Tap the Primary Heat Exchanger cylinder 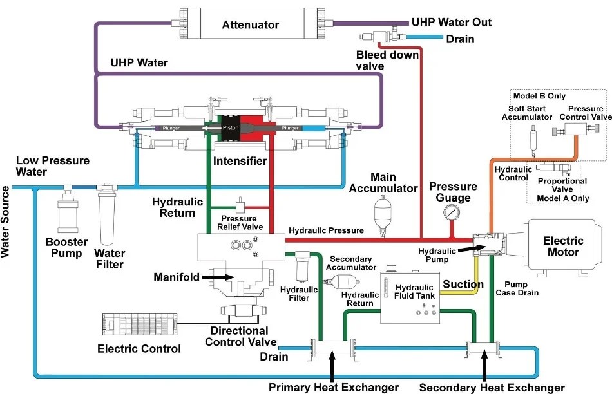coord(332,350)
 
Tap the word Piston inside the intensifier coord(231,128)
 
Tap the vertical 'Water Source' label coord(6,223)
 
